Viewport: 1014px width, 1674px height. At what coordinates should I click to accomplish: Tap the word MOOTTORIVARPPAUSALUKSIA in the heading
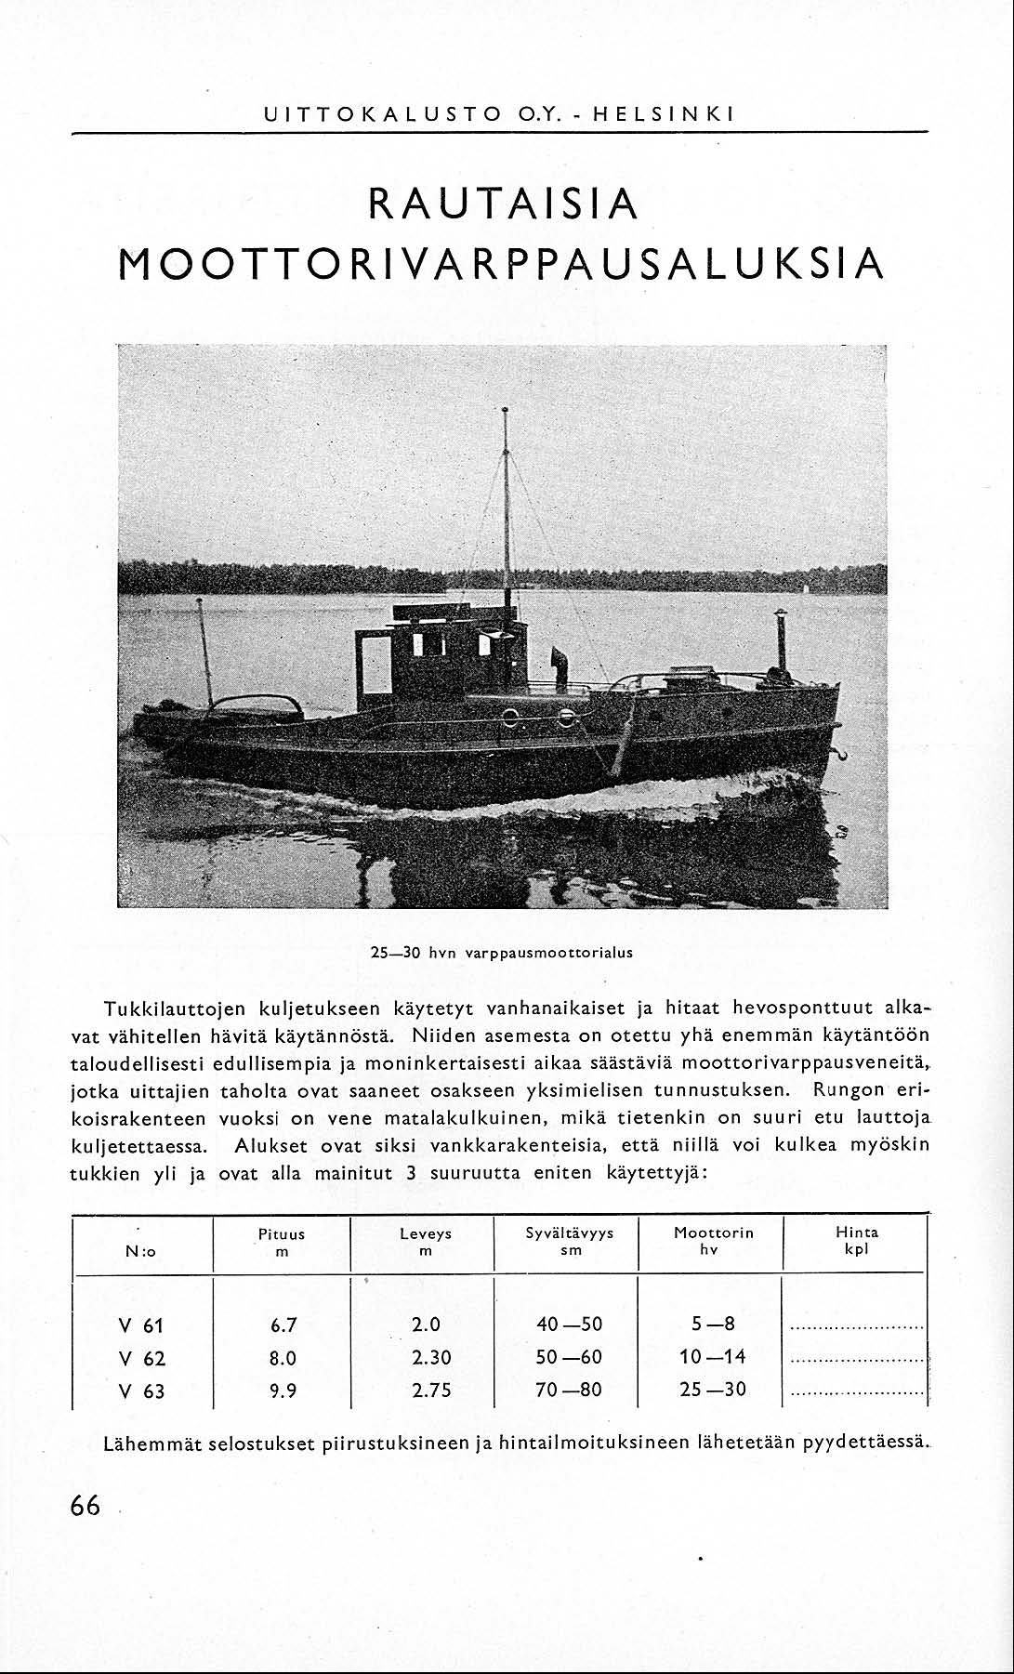(x=502, y=265)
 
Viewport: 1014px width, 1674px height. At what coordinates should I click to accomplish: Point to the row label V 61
(x=142, y=1325)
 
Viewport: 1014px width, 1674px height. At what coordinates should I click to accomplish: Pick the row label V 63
(x=142, y=1391)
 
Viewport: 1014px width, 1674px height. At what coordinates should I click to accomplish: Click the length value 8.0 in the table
(x=283, y=1358)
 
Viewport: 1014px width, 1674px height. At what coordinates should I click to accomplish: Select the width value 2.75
(x=431, y=1391)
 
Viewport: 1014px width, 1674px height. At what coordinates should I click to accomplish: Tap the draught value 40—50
(x=569, y=1325)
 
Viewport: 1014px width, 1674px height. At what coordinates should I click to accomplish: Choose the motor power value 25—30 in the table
(x=712, y=1390)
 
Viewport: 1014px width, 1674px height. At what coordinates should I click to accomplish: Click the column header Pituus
(x=282, y=1234)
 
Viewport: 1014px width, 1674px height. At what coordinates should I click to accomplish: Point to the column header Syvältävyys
(x=570, y=1233)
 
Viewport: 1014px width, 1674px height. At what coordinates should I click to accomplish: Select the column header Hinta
(x=856, y=1232)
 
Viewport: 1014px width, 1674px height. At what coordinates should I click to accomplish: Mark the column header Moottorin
(x=714, y=1233)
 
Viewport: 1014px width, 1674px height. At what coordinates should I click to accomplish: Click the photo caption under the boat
(x=502, y=953)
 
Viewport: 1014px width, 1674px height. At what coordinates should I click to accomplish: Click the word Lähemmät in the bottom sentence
(x=152, y=1444)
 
